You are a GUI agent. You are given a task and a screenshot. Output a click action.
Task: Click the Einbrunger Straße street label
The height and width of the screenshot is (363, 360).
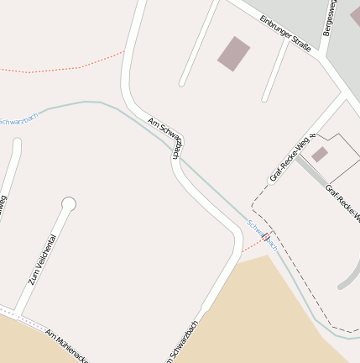pyautogui.click(x=285, y=34)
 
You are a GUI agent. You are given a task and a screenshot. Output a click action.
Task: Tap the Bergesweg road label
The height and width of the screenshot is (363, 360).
pyautogui.click(x=332, y=17)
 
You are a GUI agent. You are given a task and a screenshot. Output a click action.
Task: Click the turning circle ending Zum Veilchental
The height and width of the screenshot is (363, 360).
pyautogui.click(x=69, y=203)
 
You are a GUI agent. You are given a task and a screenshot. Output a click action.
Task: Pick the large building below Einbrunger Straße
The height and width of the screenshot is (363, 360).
pyautogui.click(x=234, y=54)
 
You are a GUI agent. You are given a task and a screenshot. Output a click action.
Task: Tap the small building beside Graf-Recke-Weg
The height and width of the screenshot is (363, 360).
pyautogui.click(x=320, y=155)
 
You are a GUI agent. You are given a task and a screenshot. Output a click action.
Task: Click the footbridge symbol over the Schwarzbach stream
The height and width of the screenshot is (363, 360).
pyautogui.click(x=267, y=238)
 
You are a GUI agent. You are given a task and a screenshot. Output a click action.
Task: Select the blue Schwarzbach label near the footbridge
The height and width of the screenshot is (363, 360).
pyautogui.click(x=262, y=230)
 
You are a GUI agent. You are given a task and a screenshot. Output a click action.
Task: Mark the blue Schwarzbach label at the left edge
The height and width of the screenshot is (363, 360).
pyautogui.click(x=18, y=119)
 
